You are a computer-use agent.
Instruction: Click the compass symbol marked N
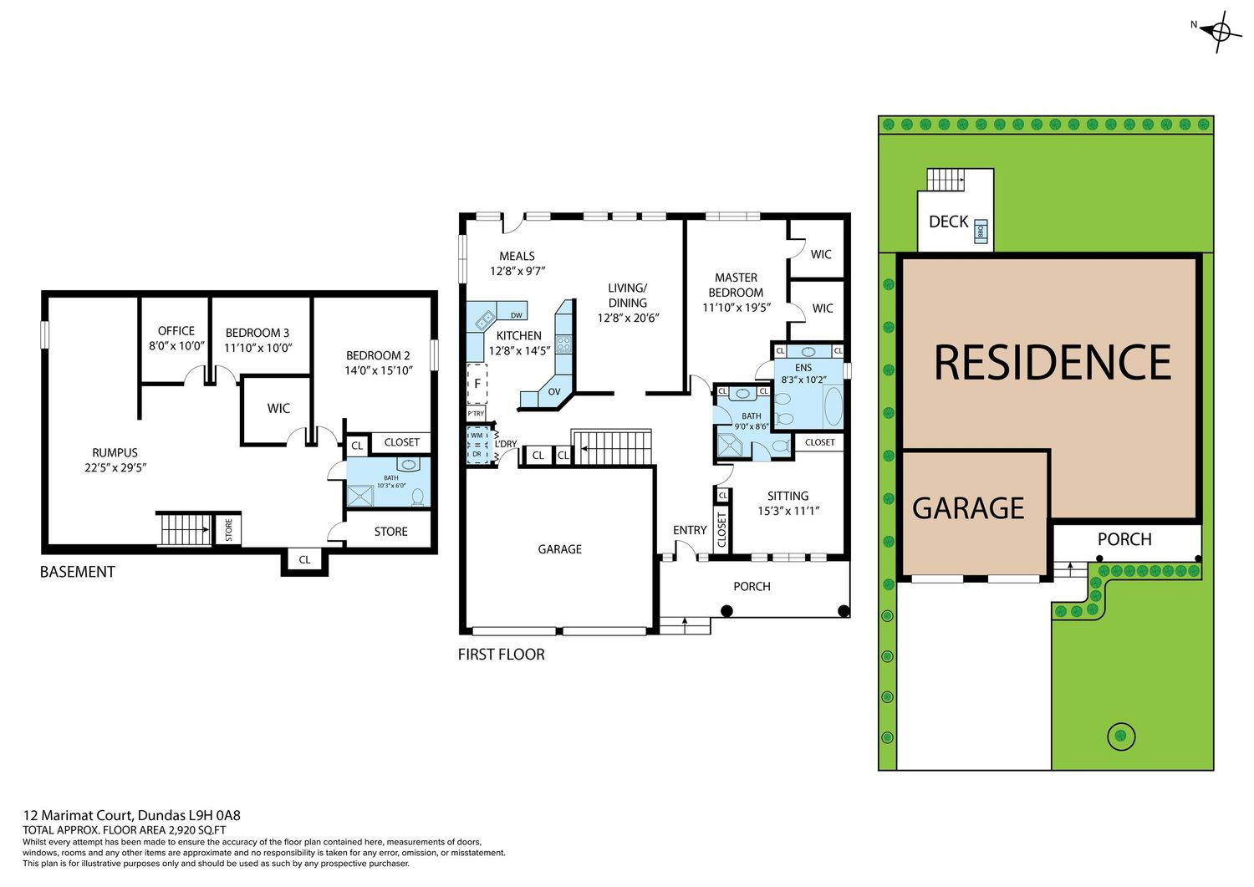(1221, 32)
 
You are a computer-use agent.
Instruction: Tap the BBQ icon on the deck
(981, 232)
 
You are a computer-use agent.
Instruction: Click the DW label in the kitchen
(516, 315)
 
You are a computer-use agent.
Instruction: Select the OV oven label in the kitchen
(554, 391)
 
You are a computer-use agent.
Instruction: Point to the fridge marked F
(477, 384)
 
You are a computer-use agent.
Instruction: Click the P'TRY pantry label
(476, 414)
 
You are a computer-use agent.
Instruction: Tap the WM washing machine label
(477, 435)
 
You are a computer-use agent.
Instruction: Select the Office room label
(176, 331)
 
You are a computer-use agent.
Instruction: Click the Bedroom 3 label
(257, 333)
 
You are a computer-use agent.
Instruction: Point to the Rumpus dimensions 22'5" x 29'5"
(115, 467)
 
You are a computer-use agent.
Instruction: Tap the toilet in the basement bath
(418, 496)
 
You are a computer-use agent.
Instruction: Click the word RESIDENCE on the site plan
(1053, 363)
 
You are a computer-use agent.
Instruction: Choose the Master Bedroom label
(737, 285)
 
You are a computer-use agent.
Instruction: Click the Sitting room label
(788, 496)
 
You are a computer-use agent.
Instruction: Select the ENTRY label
(690, 530)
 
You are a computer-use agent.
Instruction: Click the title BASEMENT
(77, 572)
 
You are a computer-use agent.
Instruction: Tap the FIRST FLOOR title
(501, 654)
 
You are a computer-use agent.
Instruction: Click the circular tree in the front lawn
(1121, 736)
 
